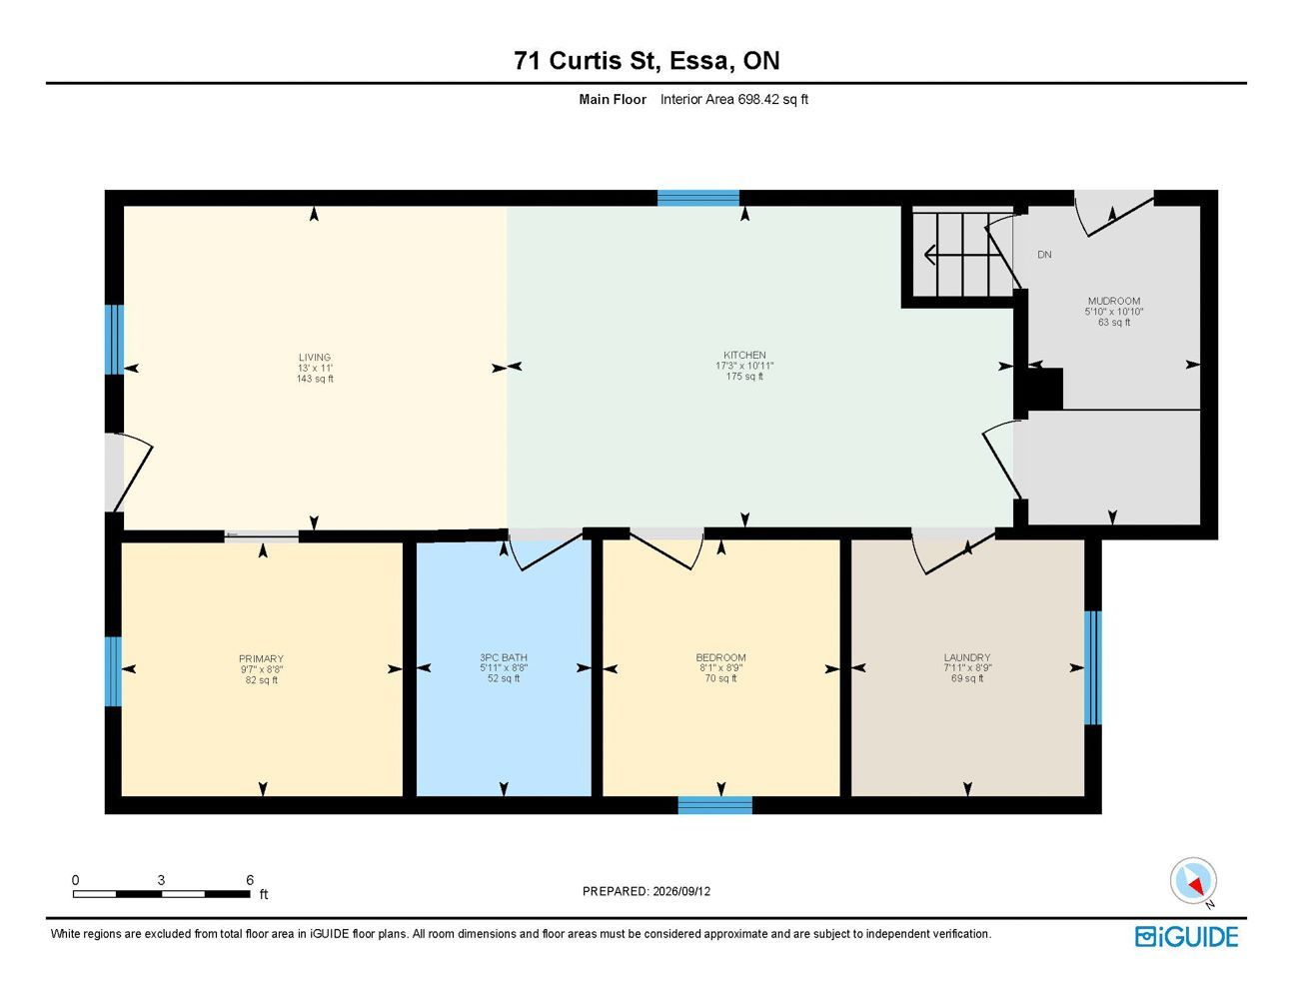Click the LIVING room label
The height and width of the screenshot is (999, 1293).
click(x=314, y=358)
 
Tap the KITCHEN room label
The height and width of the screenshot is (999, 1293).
click(x=744, y=355)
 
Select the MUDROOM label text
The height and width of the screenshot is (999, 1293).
click(x=1114, y=301)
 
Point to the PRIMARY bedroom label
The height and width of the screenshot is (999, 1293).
click(x=261, y=658)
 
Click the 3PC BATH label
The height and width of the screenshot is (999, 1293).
click(x=504, y=657)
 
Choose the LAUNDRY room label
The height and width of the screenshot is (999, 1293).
click(x=967, y=657)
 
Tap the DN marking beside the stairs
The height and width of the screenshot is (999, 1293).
click(x=1044, y=255)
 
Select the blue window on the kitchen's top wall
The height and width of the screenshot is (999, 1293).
click(x=698, y=198)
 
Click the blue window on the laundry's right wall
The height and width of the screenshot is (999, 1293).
click(x=1092, y=667)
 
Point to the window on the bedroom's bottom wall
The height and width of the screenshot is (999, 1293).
click(x=714, y=805)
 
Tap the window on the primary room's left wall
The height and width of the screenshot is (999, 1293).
click(x=113, y=671)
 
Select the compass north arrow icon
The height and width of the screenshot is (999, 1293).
click(x=1193, y=881)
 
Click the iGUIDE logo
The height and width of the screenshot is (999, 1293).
click(x=1186, y=937)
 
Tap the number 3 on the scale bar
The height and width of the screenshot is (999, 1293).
click(x=161, y=880)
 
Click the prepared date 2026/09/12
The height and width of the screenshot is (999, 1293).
click(x=681, y=891)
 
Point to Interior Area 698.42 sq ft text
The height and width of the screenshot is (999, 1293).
click(x=734, y=99)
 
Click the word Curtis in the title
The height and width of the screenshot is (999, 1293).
click(x=585, y=61)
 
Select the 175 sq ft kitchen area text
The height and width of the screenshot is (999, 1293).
click(x=744, y=377)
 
